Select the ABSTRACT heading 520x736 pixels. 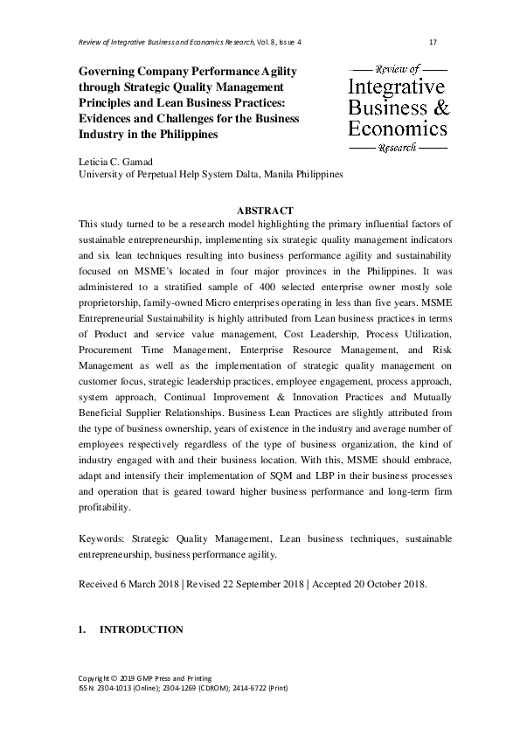click(266, 210)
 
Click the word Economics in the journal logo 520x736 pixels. click(398, 128)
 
